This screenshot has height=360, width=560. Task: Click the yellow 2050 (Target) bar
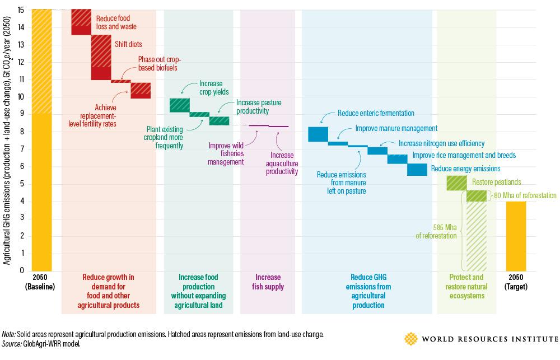516,236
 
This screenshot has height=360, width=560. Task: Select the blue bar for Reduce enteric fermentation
318,134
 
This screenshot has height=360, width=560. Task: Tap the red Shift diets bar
101,57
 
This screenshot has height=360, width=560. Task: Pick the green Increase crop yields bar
179,105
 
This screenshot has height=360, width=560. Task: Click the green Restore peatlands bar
456,183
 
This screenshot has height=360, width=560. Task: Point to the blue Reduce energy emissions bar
417,170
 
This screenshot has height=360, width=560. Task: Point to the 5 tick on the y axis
21,184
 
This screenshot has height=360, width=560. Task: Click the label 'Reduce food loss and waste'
116,22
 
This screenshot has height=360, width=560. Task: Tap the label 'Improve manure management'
396,128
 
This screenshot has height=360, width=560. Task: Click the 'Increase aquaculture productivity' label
282,163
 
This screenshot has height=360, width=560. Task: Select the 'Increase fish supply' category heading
268,282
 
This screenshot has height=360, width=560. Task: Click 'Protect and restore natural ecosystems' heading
466,286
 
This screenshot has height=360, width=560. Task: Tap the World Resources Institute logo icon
410,339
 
